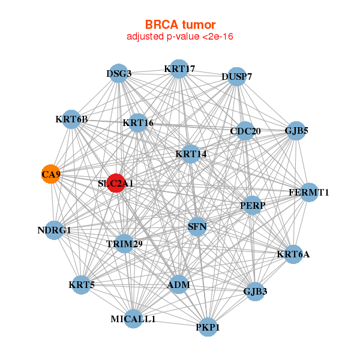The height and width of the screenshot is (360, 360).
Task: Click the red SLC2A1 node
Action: click(116, 183)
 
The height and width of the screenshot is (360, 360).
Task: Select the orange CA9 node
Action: click(50, 175)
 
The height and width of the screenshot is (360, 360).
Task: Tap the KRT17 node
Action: click(179, 69)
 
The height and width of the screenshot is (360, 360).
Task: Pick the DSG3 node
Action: click(119, 74)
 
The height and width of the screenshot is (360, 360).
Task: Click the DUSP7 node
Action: click(237, 77)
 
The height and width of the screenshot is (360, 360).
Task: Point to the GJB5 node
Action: click(296, 130)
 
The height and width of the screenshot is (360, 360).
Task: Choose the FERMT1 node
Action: click(309, 193)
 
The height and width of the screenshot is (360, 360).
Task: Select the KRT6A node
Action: click(293, 254)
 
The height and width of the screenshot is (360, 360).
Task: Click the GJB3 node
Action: click(256, 292)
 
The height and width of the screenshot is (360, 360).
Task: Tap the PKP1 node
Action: click(208, 327)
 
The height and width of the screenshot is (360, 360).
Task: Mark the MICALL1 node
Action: click(133, 319)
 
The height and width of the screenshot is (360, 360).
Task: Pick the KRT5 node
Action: click(82, 284)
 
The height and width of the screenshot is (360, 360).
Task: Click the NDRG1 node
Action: click(54, 230)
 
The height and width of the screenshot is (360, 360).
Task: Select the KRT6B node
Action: click(71, 119)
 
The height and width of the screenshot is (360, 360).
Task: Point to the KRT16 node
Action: click(138, 124)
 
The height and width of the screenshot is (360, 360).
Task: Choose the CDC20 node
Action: click(245, 131)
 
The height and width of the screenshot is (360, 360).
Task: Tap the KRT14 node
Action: click(191, 154)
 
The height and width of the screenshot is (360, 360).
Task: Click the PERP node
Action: click(253, 205)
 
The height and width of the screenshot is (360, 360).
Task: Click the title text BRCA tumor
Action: click(179, 25)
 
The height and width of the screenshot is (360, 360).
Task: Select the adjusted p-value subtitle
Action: click(179, 37)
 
